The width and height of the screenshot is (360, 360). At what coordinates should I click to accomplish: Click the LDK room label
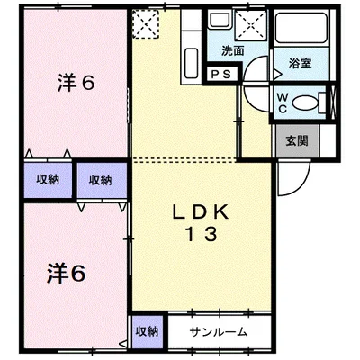201,212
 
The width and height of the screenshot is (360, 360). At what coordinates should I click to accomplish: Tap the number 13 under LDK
202,234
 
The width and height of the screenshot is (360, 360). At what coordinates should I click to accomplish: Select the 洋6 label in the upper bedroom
76,83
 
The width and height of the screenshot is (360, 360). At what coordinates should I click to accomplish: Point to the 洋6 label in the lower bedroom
66,274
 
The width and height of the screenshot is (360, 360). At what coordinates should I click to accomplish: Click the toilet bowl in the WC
304,103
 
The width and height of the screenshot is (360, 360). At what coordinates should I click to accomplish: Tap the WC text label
282,103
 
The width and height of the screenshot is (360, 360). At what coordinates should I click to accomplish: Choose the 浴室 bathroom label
300,64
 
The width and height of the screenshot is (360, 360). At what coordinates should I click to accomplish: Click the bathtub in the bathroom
301,29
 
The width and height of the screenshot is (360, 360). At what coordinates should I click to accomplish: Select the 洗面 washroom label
233,51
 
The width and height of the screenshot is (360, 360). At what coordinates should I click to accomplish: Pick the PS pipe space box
222,74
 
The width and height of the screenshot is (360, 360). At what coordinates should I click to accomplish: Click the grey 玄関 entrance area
297,141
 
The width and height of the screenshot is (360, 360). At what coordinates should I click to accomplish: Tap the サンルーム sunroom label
219,332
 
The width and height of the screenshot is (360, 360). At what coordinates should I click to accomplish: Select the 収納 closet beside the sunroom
147,332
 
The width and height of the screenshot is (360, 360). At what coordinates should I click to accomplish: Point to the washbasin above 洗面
220,19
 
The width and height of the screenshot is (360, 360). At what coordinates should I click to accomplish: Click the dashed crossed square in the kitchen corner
146,24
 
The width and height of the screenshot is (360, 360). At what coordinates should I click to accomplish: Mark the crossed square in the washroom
251,24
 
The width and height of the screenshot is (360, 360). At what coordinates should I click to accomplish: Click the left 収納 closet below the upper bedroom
48,180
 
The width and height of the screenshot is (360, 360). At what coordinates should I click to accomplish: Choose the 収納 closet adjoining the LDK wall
102,180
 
